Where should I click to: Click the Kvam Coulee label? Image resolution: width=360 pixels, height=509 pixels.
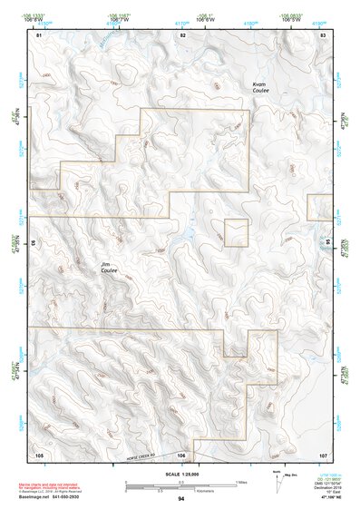pyautogui.click(x=261, y=88)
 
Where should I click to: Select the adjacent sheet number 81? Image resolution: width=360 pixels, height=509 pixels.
pyautogui.click(x=39, y=34)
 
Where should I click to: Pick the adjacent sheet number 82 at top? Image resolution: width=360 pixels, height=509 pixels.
pyautogui.click(x=182, y=34)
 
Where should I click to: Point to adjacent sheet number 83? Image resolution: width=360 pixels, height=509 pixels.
pyautogui.click(x=322, y=34)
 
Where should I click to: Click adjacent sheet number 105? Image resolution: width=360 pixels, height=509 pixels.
pyautogui.click(x=39, y=453)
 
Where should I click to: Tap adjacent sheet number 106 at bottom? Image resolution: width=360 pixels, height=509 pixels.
pyautogui.click(x=182, y=454)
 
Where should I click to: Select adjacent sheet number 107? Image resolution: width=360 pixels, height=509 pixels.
pyautogui.click(x=322, y=453)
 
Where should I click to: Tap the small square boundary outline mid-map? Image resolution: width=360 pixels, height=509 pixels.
pyautogui.click(x=236, y=232)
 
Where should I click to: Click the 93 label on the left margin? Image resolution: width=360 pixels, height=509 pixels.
pyautogui.click(x=35, y=243)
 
